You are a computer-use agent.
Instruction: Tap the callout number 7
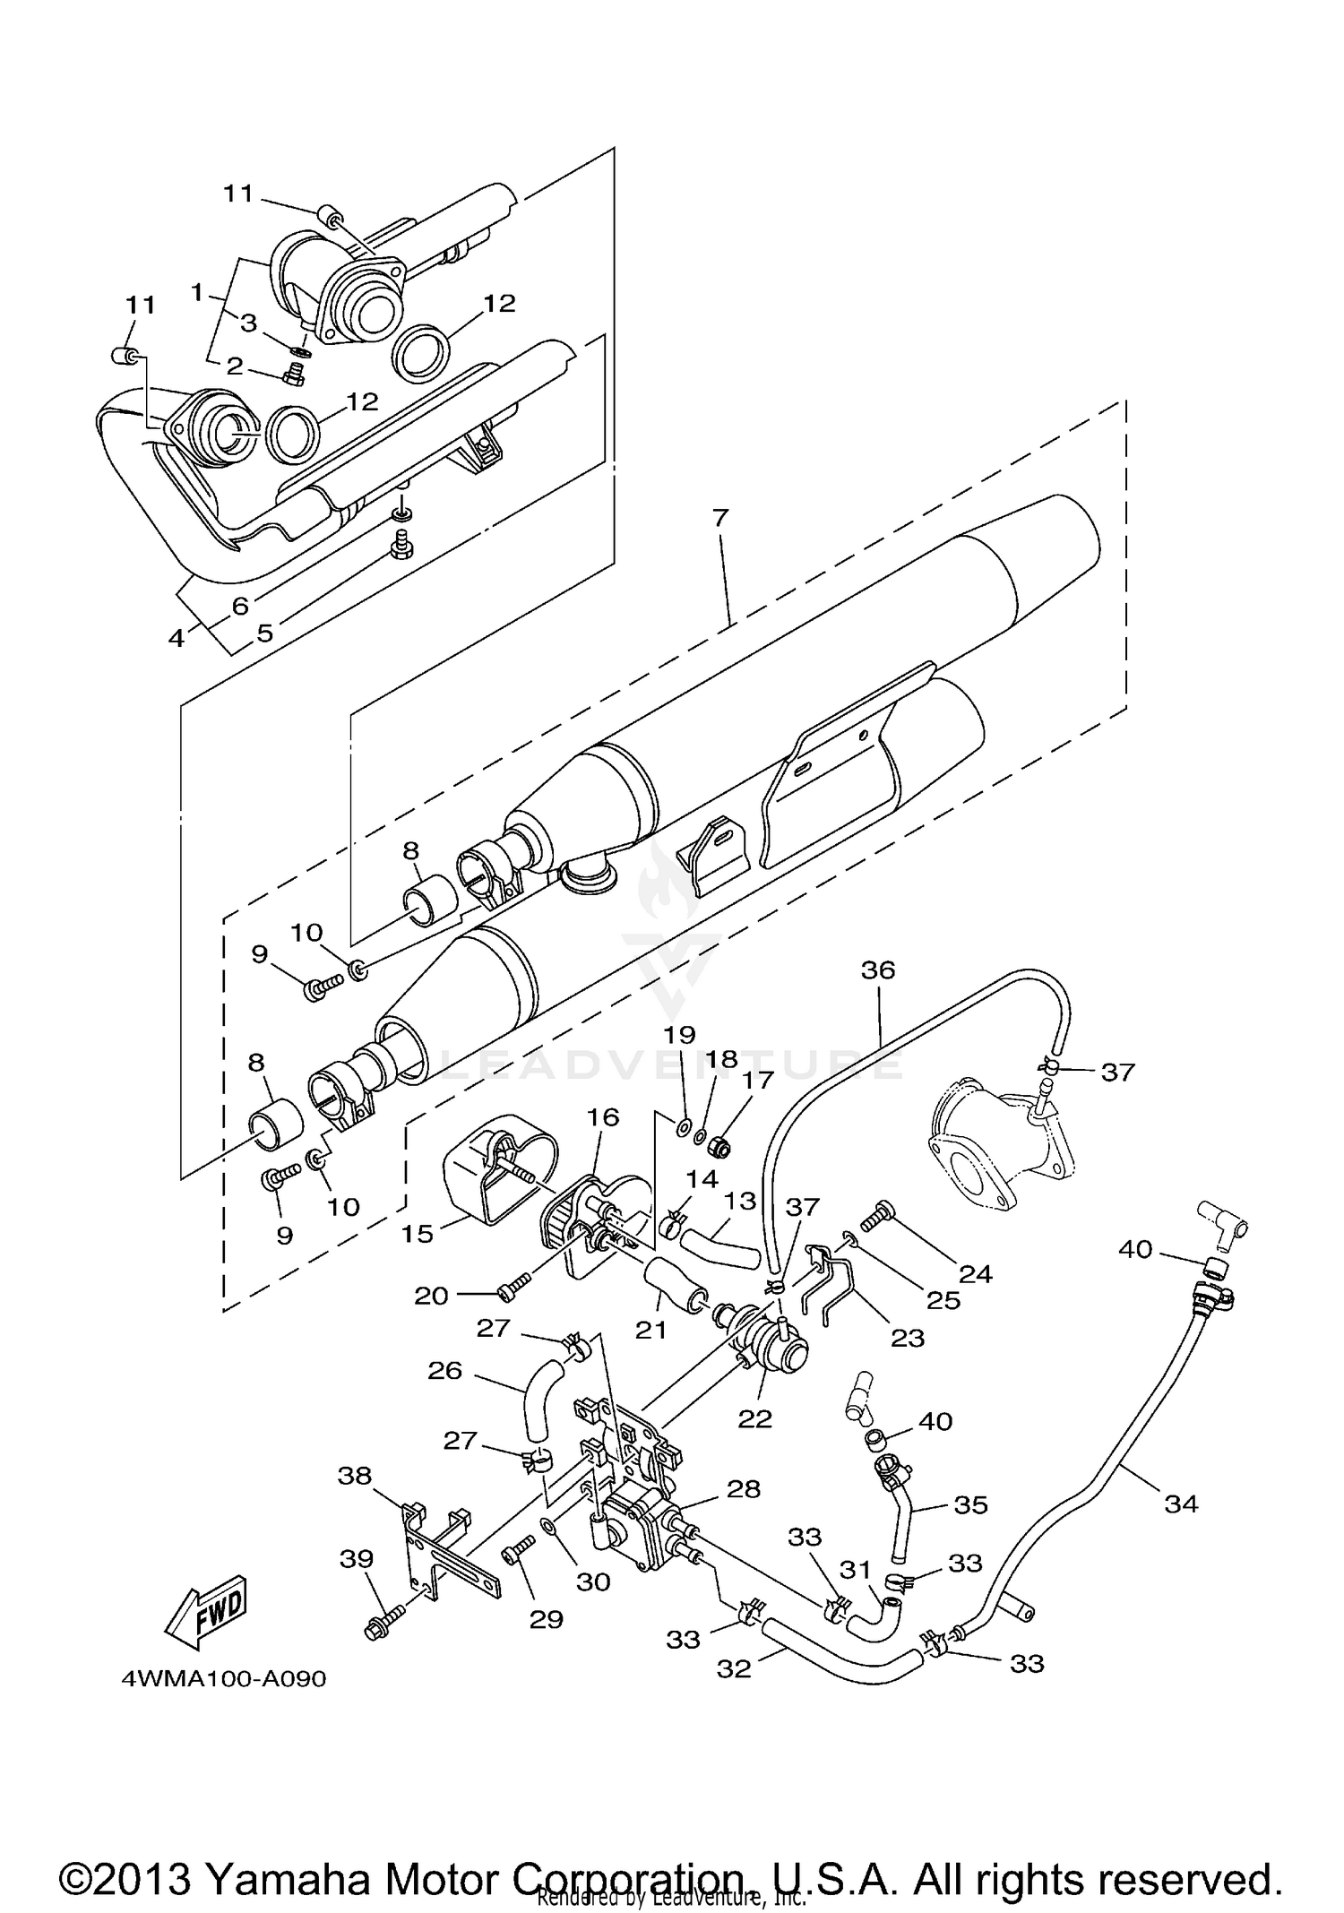[721, 518]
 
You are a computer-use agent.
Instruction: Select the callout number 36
[878, 969]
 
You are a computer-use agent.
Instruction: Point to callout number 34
[1180, 1504]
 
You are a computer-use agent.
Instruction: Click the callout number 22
[754, 1418]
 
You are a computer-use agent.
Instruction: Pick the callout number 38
[355, 1475]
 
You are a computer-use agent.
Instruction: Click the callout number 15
[418, 1234]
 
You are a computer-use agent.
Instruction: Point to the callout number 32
[734, 1668]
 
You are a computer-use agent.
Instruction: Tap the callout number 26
[445, 1371]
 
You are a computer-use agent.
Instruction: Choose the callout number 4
[177, 637]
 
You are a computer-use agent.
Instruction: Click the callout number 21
[651, 1330]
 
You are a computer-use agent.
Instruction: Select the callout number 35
[970, 1504]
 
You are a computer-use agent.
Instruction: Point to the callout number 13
[741, 1201]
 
